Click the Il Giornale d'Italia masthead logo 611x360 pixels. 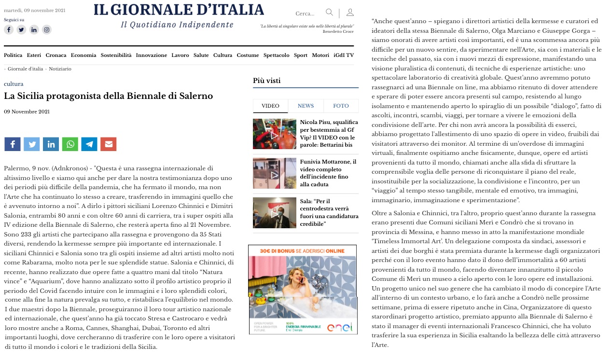(x=179, y=10)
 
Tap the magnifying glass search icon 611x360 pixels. (x=329, y=13)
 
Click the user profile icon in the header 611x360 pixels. (x=350, y=13)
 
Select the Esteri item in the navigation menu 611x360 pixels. (x=34, y=55)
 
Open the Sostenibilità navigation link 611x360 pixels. (x=116, y=55)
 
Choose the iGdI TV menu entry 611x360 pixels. (x=344, y=55)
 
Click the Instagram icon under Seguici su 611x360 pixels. (x=46, y=30)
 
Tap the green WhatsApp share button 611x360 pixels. (x=70, y=144)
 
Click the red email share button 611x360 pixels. (x=109, y=144)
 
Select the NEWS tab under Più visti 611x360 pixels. (x=305, y=106)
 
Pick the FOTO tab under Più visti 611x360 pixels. (x=341, y=106)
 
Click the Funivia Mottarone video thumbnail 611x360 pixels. (x=275, y=173)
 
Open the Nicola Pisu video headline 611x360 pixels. (x=329, y=134)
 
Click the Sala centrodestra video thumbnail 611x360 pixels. (x=275, y=213)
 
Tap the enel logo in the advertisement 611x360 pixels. (x=340, y=327)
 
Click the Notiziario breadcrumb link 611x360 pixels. (x=60, y=69)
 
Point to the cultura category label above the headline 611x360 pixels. (x=14, y=84)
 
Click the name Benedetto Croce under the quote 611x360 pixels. (x=338, y=32)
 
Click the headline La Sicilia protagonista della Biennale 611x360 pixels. (x=108, y=96)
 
